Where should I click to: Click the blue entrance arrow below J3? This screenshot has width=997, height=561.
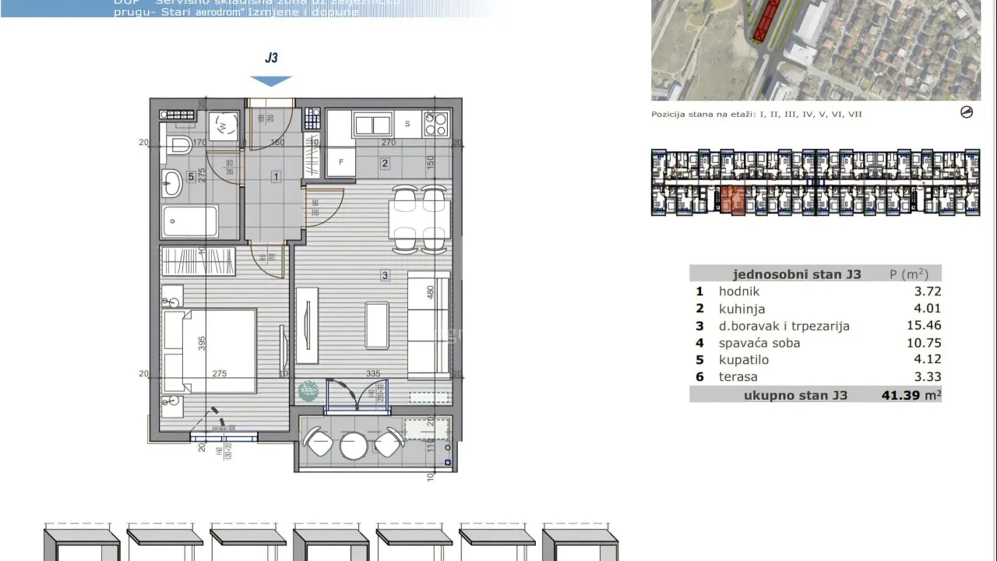tap(271, 80)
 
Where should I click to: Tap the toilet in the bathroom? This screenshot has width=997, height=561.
tap(181, 144)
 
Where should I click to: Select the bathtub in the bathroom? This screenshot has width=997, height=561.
tap(189, 221)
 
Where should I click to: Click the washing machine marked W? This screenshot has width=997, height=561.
tap(224, 125)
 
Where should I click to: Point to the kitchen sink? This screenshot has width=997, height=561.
tap(372, 124)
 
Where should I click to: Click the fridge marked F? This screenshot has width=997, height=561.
tap(340, 162)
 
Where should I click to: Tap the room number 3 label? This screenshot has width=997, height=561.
tap(385, 275)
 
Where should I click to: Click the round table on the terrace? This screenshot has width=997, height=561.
tap(354, 445)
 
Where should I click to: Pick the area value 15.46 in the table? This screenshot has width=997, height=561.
tap(922, 326)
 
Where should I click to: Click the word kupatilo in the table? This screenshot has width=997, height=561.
tap(744, 360)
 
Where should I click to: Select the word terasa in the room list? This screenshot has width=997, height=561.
tap(738, 377)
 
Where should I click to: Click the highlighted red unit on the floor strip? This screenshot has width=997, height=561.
tap(732, 200)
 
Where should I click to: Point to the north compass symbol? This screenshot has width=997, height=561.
tap(967, 112)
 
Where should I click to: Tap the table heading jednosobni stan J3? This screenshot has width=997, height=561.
tap(797, 274)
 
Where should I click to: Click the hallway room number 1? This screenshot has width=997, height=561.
tap(276, 177)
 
